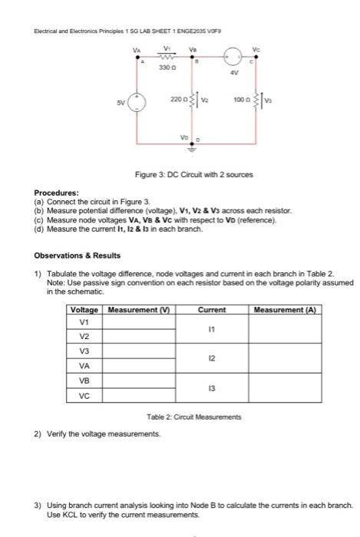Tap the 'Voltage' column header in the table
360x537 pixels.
[84, 310]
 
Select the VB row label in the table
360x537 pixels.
[84, 381]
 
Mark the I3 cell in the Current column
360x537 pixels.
[211, 389]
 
